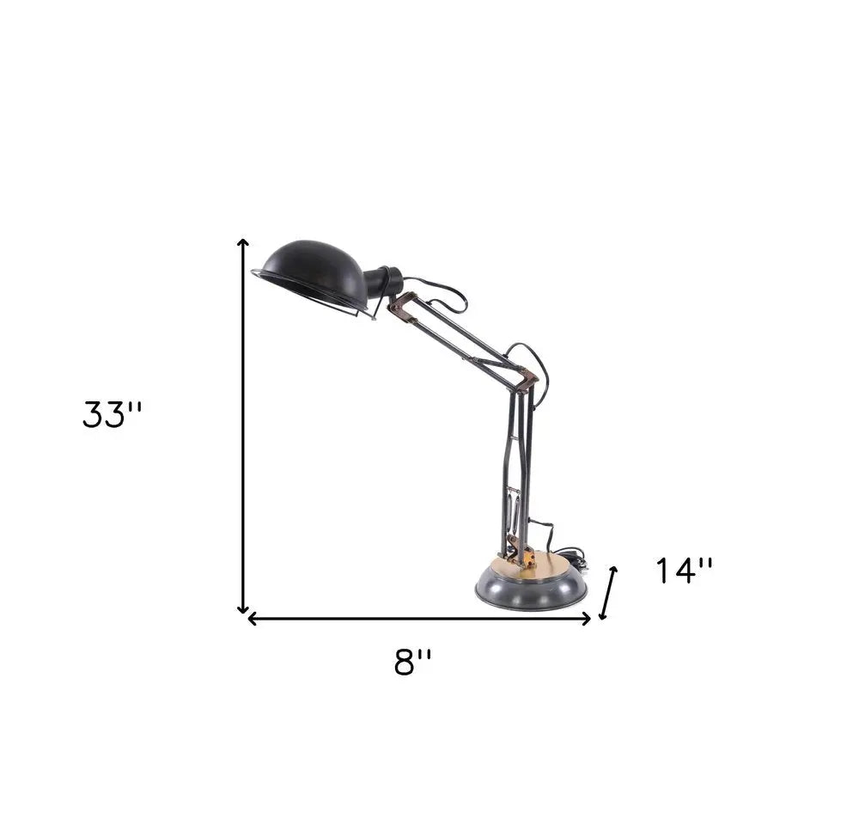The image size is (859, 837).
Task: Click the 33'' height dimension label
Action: coord(113,414)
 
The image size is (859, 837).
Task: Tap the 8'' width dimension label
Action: coord(413,662)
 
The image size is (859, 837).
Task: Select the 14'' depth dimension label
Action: coord(685,571)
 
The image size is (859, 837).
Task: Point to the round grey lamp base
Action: coord(531,590)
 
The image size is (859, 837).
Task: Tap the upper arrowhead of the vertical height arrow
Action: coord(244,243)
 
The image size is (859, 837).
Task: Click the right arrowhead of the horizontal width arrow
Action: coord(588,618)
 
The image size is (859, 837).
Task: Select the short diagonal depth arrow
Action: coord(608,593)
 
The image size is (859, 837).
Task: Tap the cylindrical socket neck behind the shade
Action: coord(383,282)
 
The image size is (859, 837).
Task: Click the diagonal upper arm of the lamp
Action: coord(464,339)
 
